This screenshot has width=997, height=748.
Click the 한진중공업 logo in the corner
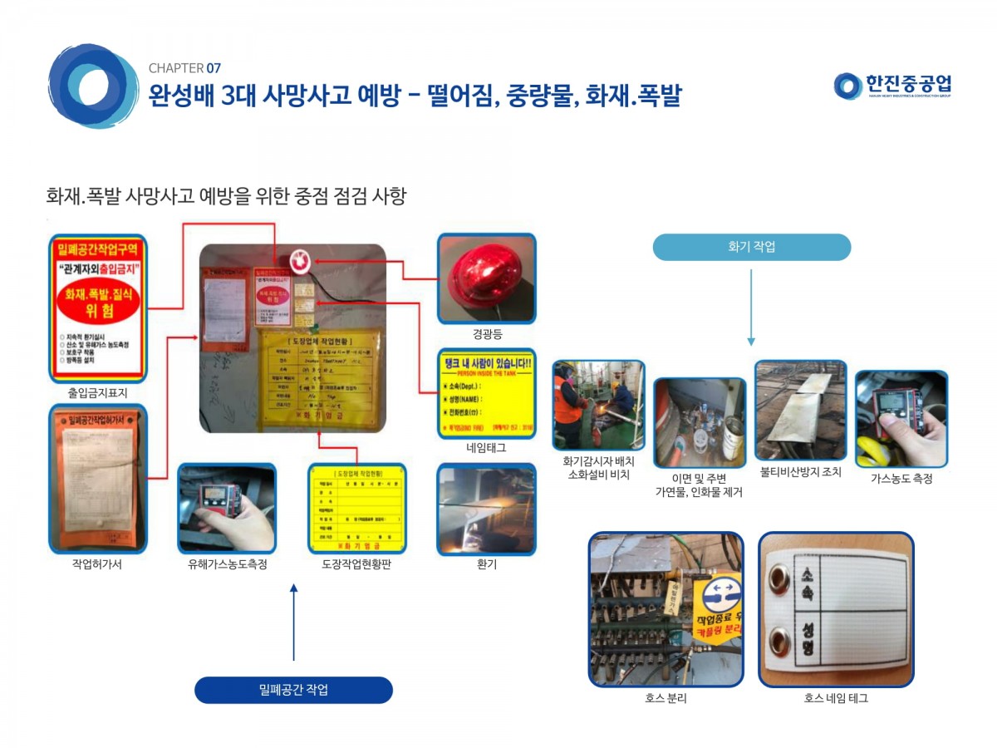[x=893, y=86]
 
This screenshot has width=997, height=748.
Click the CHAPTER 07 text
[x=184, y=68]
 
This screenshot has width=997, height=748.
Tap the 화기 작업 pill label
[x=751, y=247]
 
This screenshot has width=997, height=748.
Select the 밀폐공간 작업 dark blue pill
[x=293, y=690]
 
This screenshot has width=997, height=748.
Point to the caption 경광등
[x=486, y=334]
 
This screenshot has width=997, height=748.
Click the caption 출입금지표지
[x=97, y=393]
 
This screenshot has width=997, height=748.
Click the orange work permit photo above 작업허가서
[x=97, y=479]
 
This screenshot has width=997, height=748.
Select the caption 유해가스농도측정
[x=227, y=564]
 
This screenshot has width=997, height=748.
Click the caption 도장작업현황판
[x=356, y=564]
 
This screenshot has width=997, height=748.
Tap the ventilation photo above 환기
[x=486, y=509]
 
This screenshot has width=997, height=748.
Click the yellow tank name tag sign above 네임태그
[x=486, y=393]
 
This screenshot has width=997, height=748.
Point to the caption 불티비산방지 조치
[x=800, y=472]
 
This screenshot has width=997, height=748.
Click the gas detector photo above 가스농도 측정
[x=901, y=418]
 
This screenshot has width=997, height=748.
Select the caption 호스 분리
[x=665, y=699]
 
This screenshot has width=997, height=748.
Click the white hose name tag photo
[x=836, y=609]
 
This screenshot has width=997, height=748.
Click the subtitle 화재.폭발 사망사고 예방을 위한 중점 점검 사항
[x=226, y=197]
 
